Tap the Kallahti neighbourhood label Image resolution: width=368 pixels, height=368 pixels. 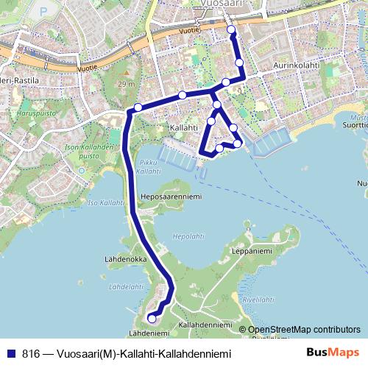click(184, 127)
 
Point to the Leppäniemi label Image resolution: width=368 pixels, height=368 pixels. click(251, 251)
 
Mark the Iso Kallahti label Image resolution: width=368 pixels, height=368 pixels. click(102, 202)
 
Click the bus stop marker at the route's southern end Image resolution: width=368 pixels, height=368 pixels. click(152, 318)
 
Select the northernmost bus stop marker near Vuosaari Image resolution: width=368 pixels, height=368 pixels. click(231, 29)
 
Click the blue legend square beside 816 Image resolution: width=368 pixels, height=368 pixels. click(10, 353)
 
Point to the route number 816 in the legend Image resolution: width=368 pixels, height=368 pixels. click(32, 353)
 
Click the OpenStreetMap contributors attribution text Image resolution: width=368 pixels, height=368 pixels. click(304, 329)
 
